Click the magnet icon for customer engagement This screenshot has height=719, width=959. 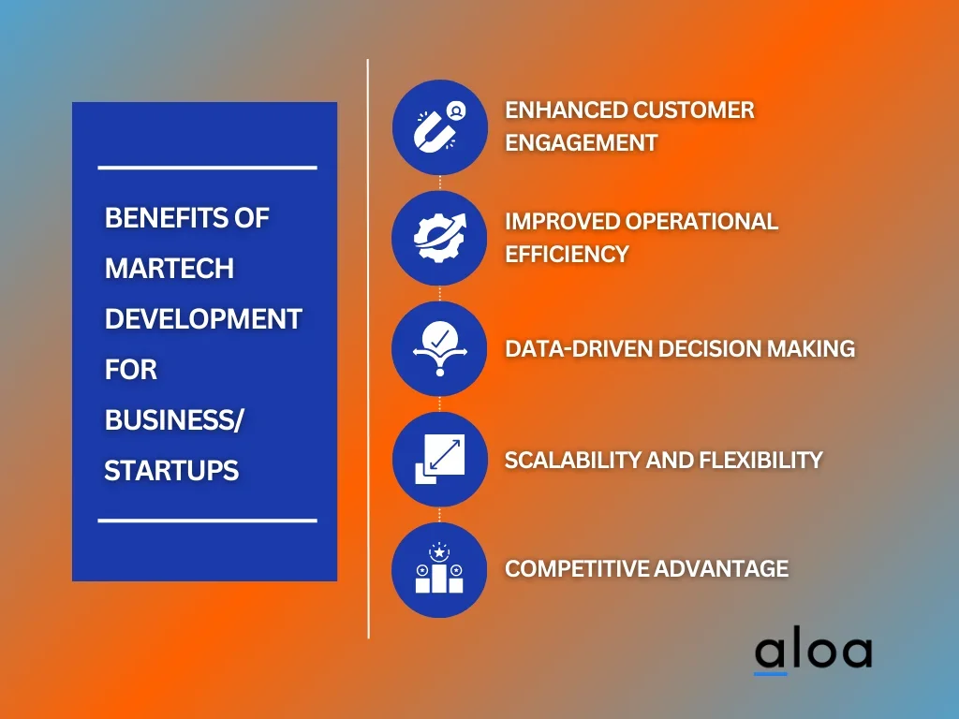439,127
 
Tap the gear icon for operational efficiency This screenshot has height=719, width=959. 439,238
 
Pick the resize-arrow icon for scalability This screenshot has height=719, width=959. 440,459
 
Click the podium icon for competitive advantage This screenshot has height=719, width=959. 439,568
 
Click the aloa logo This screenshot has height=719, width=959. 814,654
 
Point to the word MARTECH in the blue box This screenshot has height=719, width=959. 170,269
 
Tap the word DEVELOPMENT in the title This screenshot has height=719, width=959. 203,319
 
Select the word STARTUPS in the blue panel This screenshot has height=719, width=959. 171,471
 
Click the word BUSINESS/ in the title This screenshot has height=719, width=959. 174,420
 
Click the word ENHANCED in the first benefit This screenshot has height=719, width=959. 563,110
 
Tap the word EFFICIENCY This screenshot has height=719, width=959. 567,254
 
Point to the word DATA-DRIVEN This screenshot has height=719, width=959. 579,348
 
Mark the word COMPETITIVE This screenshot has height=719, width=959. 577,568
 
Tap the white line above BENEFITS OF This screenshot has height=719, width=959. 207,167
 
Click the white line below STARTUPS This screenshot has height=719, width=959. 207,521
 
